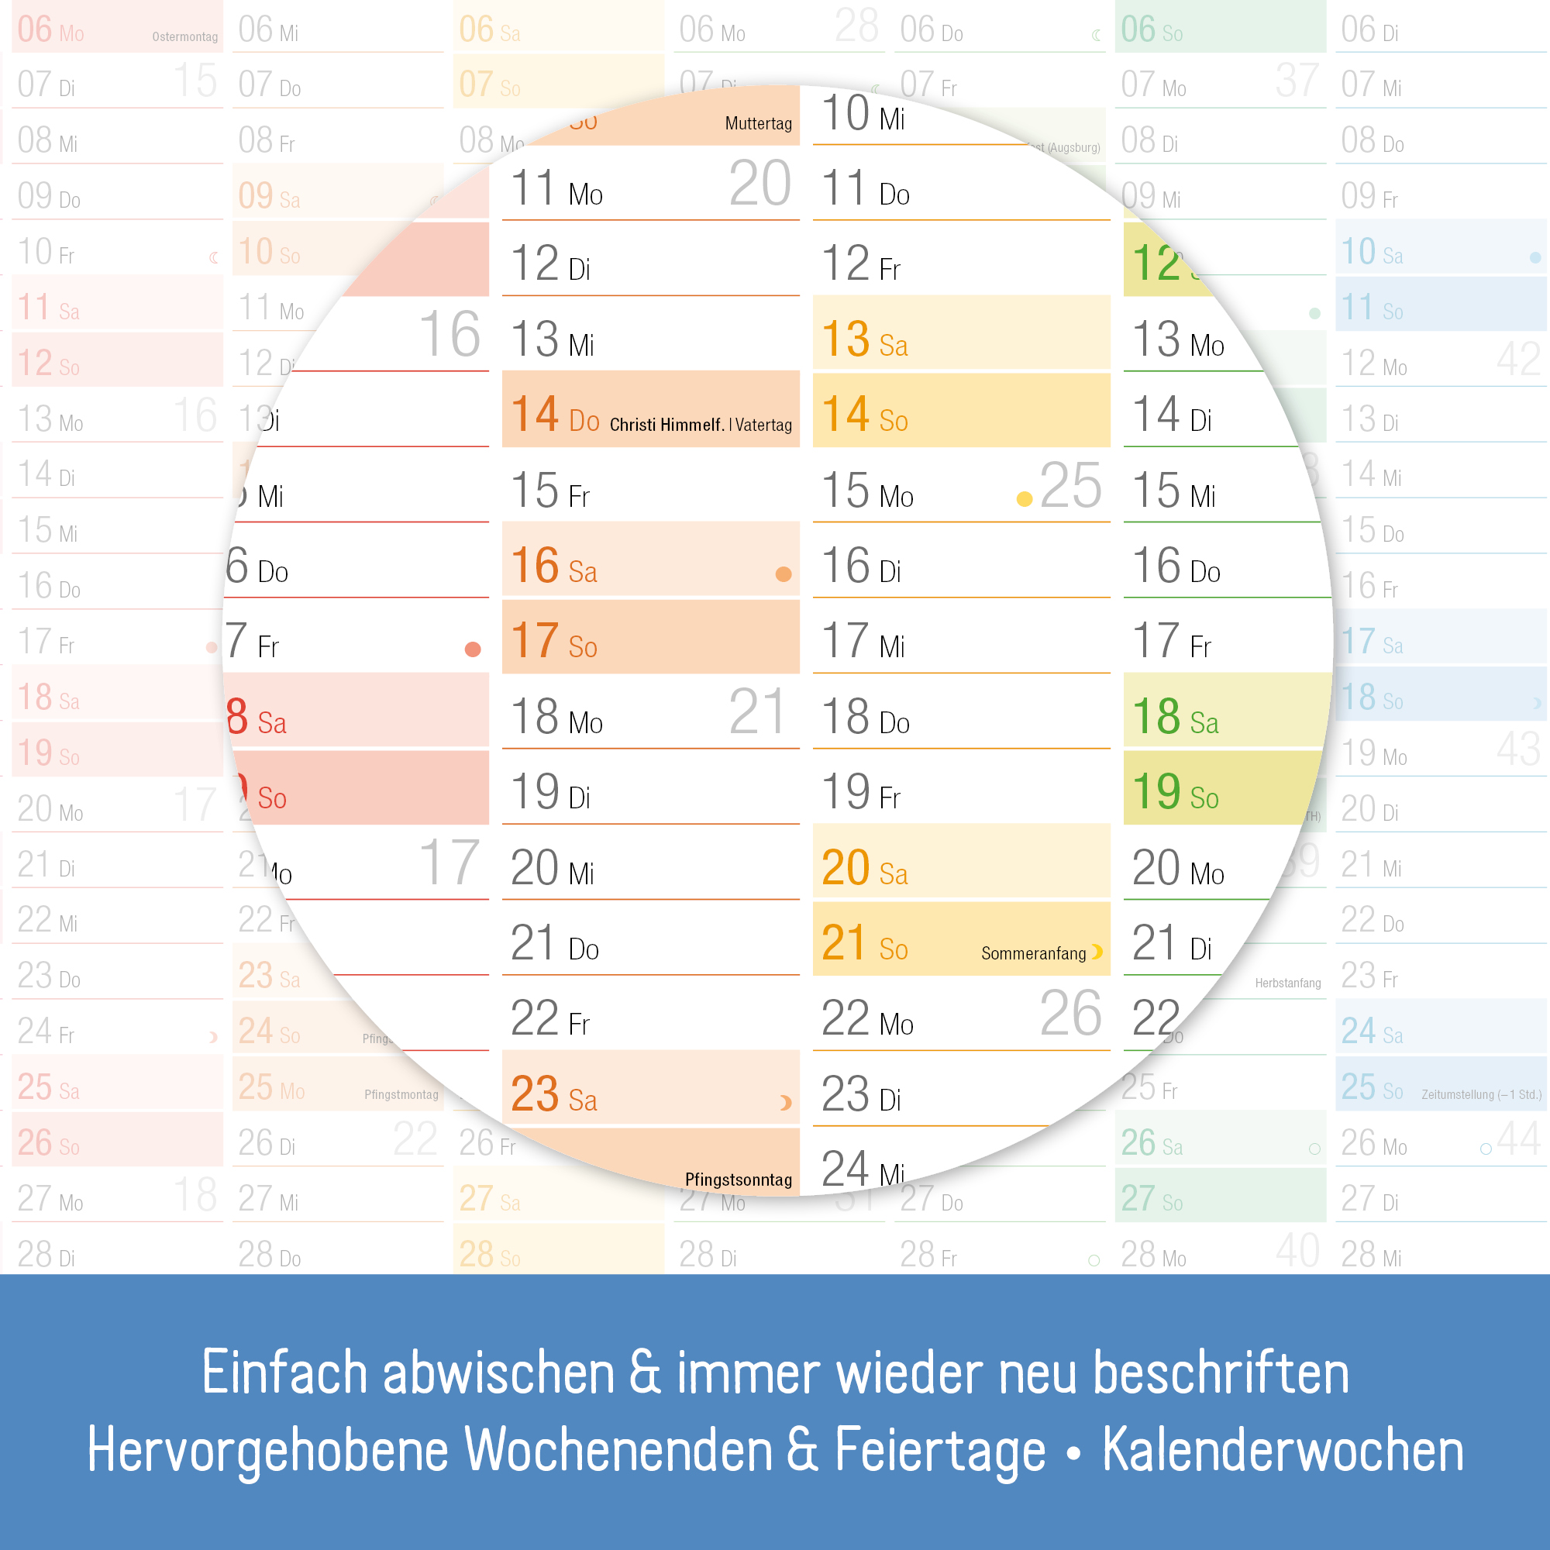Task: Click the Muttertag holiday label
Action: [757, 123]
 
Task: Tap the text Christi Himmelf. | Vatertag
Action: [700, 425]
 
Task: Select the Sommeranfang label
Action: [1032, 953]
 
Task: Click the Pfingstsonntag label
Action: [737, 1180]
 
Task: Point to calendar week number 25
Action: [1070, 486]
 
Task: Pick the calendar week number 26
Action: [1070, 1014]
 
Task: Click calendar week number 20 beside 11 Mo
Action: [759, 184]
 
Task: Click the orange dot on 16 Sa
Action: [783, 573]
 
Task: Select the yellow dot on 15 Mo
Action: [1024, 499]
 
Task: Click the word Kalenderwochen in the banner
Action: [1282, 1451]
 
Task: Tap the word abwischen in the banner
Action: [498, 1373]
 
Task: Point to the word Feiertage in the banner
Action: [939, 1451]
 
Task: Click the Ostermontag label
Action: [184, 37]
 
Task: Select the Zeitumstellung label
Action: [1480, 1094]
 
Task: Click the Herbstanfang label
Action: [1286, 983]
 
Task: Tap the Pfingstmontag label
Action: [401, 1094]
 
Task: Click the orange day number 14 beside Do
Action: [534, 414]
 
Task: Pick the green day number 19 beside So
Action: [1156, 791]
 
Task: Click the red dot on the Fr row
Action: [473, 649]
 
